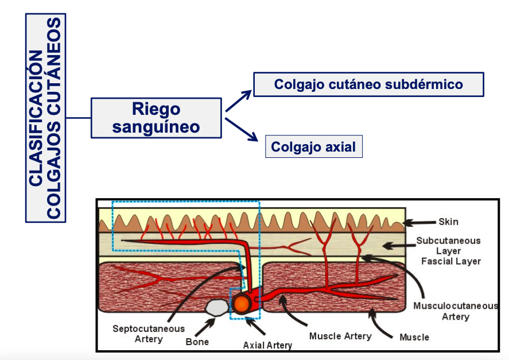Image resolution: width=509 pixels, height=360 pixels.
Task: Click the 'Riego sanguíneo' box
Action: tap(156, 118)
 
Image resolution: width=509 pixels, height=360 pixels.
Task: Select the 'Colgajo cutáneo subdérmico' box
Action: tap(368, 84)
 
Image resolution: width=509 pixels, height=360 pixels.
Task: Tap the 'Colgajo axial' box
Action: tap(313, 147)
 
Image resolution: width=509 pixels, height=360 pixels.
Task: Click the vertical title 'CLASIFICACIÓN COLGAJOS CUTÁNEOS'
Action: tap(45, 118)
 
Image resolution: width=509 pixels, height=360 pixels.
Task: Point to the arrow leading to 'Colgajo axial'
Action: tap(242, 129)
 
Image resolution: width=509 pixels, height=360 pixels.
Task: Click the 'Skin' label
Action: tap(448, 222)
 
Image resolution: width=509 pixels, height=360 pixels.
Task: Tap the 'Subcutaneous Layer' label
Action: tap(448, 245)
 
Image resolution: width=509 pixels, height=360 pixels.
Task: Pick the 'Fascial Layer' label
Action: tap(450, 261)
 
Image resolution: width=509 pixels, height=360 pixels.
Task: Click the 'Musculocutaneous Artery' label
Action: tap(455, 311)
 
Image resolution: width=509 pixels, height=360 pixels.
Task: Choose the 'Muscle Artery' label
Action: tap(340, 336)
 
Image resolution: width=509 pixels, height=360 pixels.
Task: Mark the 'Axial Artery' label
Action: tap(267, 345)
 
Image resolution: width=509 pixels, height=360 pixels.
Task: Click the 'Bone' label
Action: tap(197, 342)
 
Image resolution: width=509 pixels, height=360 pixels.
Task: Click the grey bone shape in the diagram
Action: tap(216, 308)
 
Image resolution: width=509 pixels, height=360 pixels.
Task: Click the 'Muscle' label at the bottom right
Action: tap(414, 337)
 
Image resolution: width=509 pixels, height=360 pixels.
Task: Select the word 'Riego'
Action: tap(156, 109)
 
